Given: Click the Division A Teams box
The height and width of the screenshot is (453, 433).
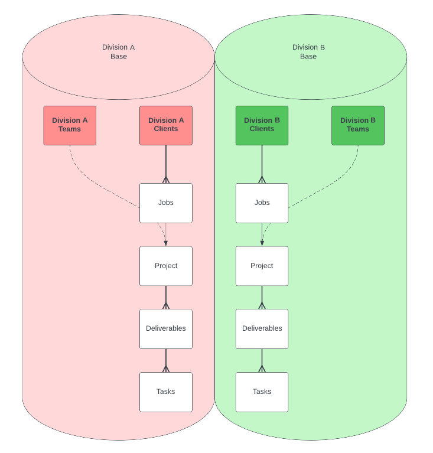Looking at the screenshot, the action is (x=70, y=125).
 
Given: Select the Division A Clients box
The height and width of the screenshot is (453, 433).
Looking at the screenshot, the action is (x=166, y=125).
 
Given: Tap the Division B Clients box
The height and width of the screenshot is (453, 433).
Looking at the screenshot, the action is (x=262, y=125).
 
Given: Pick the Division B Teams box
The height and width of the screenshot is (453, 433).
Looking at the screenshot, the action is (x=358, y=125).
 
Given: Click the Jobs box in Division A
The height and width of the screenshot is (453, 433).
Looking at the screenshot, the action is (x=166, y=203).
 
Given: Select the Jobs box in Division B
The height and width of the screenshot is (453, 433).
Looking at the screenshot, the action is (x=262, y=203).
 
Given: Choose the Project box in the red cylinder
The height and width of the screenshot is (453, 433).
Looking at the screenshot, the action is (x=166, y=266).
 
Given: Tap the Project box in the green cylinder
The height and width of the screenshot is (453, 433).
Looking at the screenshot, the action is (x=262, y=266).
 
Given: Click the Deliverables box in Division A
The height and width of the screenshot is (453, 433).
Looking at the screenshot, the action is (x=166, y=329).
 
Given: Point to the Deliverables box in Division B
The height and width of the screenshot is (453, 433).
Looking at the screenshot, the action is (x=262, y=329).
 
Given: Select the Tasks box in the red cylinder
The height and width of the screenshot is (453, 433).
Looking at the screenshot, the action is (x=166, y=392).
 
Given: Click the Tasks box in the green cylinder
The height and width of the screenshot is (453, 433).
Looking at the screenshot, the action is (x=262, y=392).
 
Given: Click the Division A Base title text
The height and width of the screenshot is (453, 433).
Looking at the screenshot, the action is (x=119, y=52).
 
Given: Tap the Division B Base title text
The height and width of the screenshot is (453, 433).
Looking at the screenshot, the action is (x=308, y=52).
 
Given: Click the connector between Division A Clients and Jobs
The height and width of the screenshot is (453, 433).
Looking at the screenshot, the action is (x=166, y=164).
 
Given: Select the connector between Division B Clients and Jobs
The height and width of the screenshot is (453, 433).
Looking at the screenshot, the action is (x=262, y=164).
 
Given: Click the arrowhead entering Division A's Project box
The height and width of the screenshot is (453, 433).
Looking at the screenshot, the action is (x=166, y=243).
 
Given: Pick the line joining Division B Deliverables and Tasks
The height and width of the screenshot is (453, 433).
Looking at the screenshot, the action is (x=262, y=360).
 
